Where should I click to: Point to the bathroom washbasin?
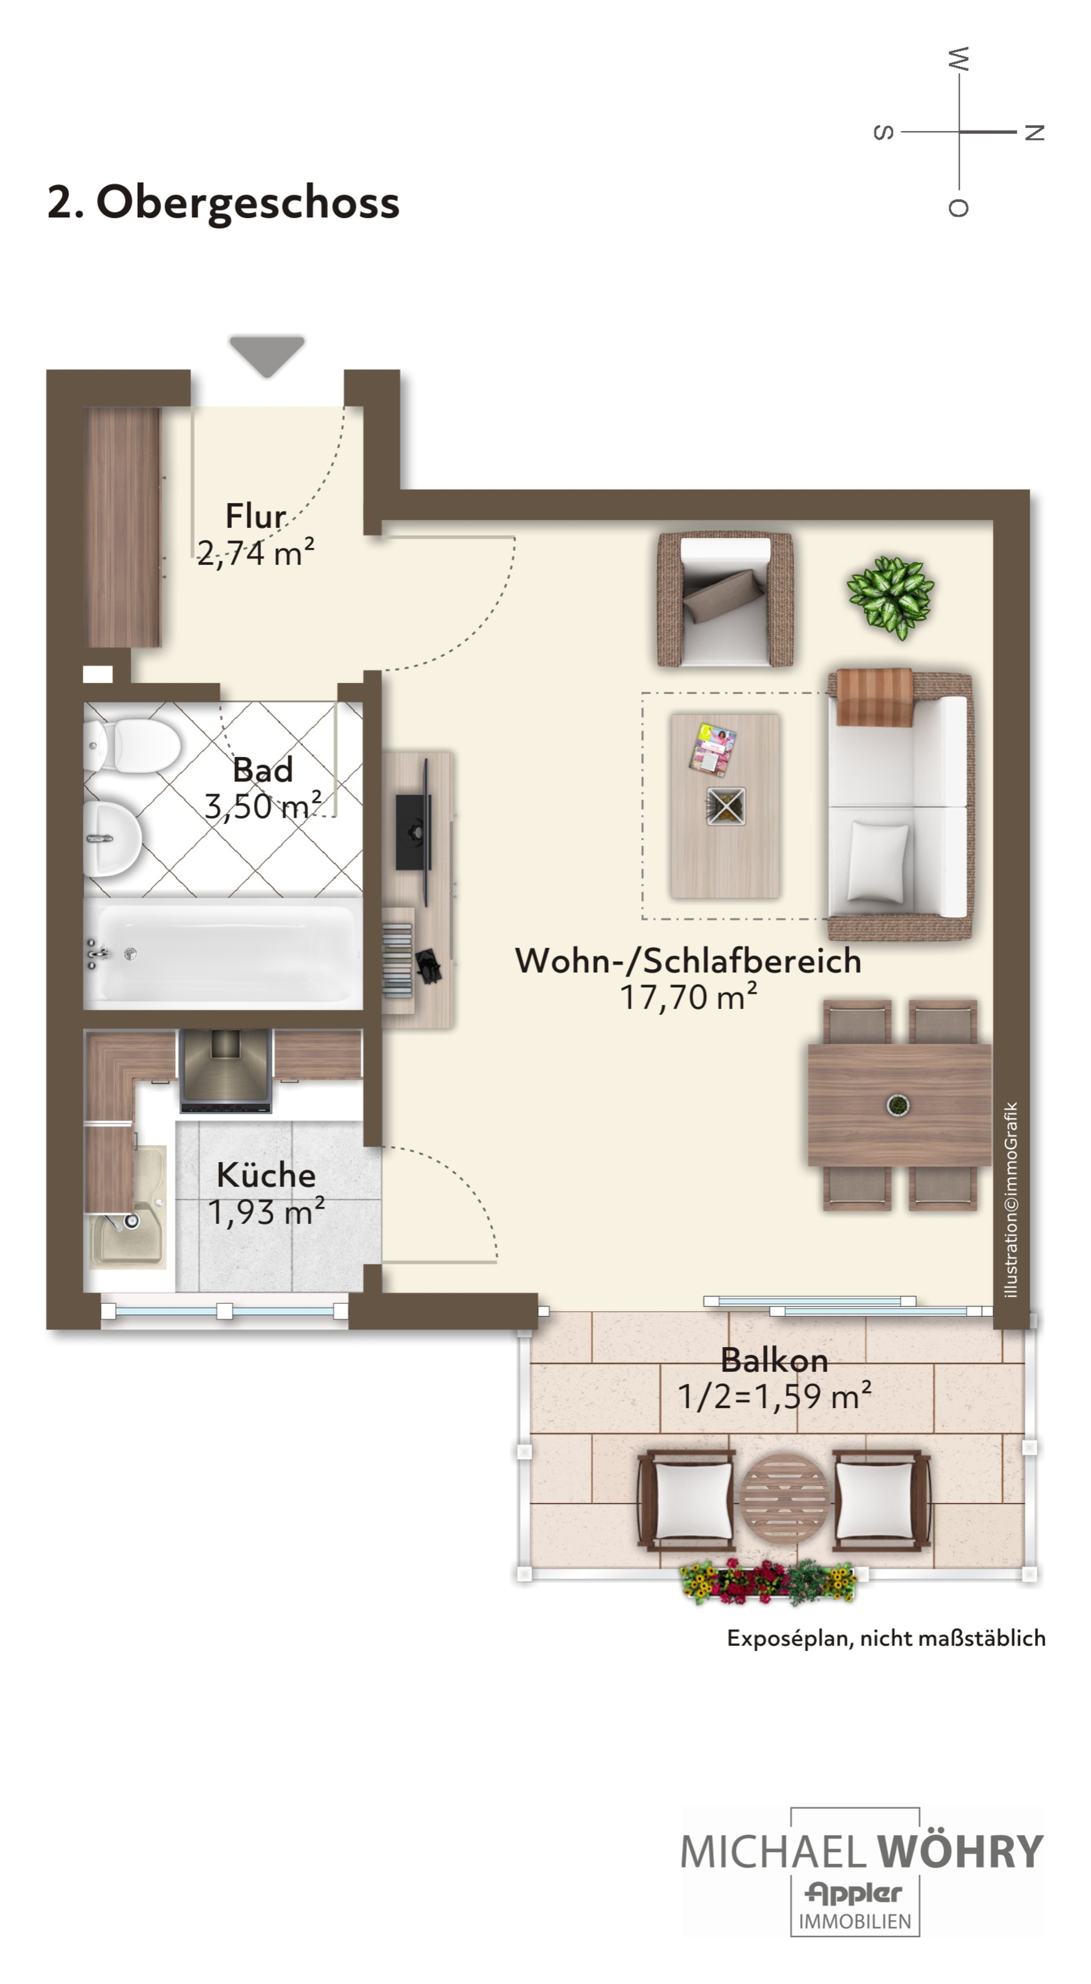(112, 838)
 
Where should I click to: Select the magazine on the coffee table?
(713, 748)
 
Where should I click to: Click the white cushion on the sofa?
(876, 860)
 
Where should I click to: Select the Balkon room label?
(775, 1360)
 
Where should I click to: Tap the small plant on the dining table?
(897, 1104)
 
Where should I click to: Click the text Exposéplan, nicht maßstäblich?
(886, 1637)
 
